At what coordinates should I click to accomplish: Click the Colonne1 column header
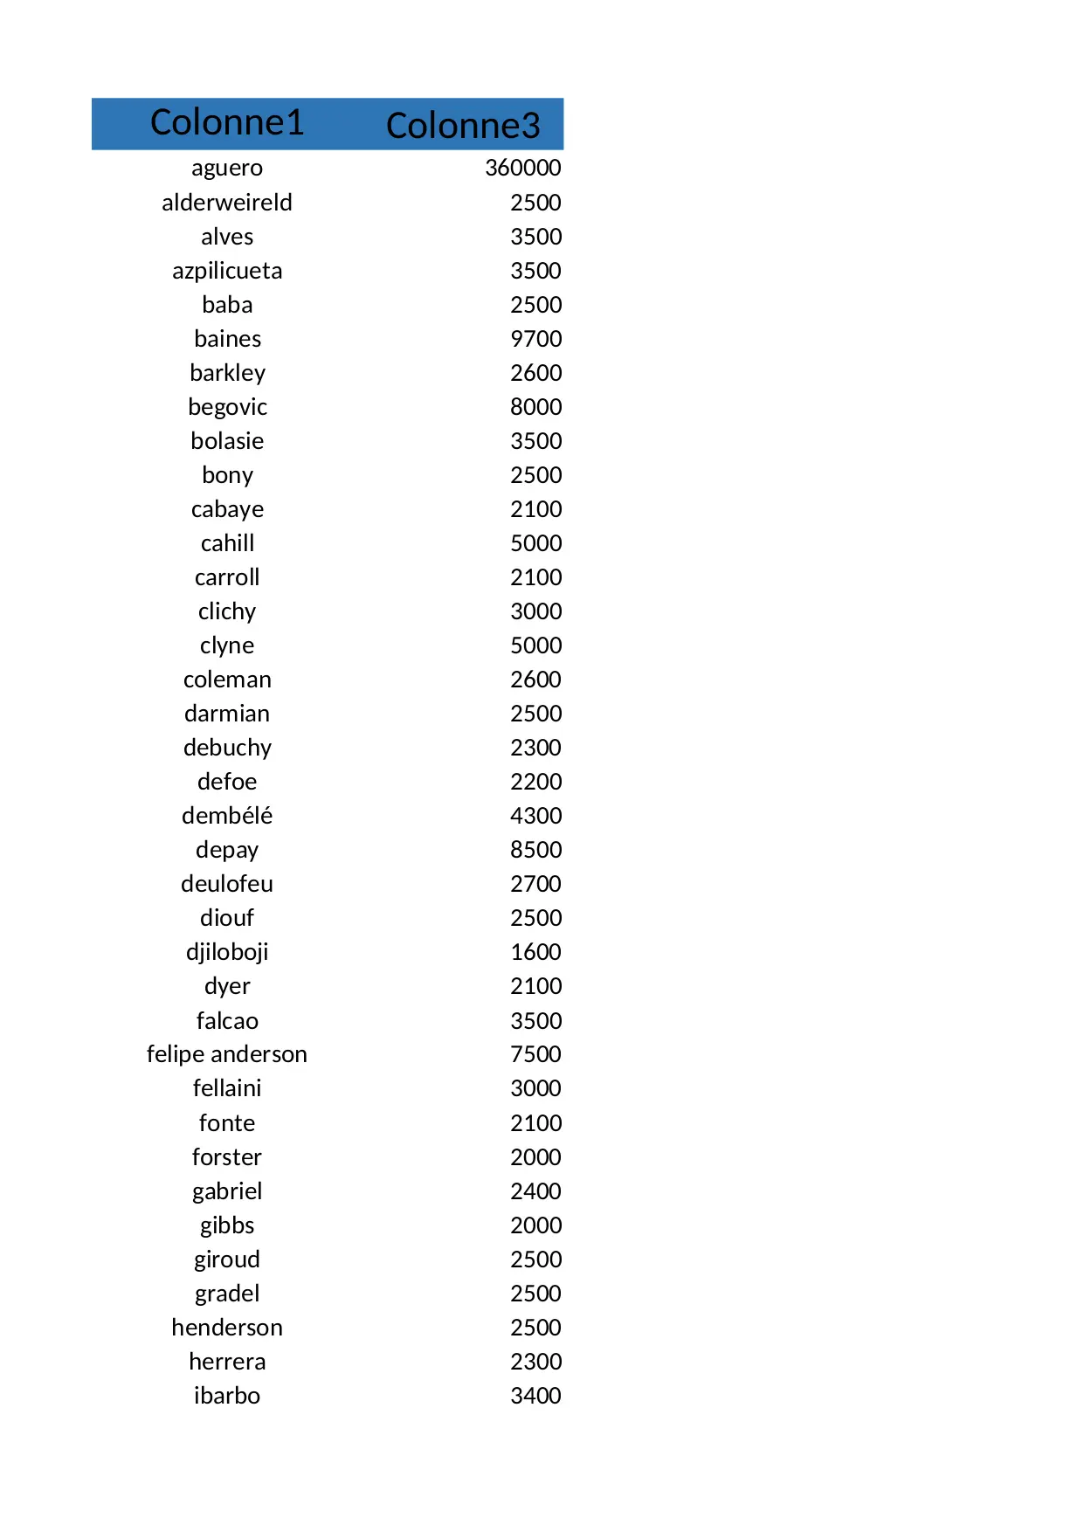(x=227, y=123)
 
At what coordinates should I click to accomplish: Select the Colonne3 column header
(x=463, y=126)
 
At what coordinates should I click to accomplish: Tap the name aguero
(x=227, y=168)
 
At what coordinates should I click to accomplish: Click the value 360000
(x=523, y=168)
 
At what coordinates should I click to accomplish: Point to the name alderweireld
(x=227, y=203)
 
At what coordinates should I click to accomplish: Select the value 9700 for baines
(x=535, y=339)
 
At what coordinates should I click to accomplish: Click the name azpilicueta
(x=227, y=271)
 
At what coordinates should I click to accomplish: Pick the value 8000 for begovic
(x=535, y=407)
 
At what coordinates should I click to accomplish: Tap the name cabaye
(x=227, y=509)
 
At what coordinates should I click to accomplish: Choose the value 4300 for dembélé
(x=535, y=816)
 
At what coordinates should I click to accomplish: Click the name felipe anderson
(x=227, y=1054)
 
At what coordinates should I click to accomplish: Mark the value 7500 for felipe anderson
(x=535, y=1054)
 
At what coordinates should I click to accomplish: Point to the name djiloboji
(x=227, y=952)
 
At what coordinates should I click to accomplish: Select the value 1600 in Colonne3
(x=535, y=952)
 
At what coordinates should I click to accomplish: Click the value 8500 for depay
(x=535, y=850)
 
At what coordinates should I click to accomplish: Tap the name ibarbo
(x=227, y=1396)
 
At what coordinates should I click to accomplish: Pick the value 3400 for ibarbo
(x=535, y=1396)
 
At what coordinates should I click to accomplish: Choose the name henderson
(x=227, y=1328)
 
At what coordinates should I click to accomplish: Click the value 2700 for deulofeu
(x=535, y=884)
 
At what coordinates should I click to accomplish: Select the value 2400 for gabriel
(x=535, y=1191)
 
